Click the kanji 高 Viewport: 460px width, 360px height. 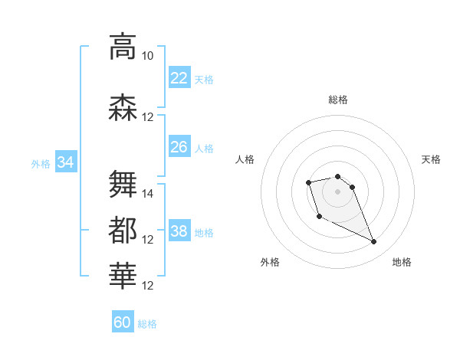123,47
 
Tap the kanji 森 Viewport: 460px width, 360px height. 123,107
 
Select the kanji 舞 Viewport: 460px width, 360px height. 123,184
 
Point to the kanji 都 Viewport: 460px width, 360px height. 123,231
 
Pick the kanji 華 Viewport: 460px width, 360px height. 123,277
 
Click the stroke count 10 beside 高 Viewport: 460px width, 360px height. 147,56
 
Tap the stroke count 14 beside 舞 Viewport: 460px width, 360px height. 148,194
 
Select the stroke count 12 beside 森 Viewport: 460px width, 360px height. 148,117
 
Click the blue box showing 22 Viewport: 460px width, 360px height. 179,78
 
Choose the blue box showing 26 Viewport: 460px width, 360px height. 179,147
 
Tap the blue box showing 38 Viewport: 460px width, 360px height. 179,231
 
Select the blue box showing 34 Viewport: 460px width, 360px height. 65,162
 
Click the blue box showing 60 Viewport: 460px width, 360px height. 123,322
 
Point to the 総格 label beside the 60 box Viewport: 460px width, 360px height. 147,324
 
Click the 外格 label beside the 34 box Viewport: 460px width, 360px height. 41,163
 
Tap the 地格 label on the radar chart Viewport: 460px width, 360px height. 402,262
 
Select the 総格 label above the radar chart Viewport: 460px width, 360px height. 338,100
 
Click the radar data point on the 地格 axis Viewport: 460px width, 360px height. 374,242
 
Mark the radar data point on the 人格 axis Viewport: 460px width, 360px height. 308,182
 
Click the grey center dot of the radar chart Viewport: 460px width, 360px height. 337,191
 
